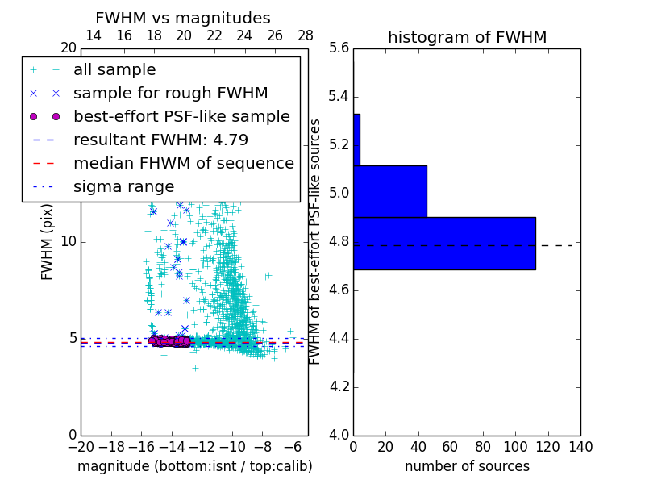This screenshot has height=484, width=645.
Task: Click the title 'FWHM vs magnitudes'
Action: tap(182, 18)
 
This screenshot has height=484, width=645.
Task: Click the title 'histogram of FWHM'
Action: tap(467, 37)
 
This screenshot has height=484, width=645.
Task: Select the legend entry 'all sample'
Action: tap(114, 70)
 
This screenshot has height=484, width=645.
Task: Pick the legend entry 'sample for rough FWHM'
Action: tap(170, 93)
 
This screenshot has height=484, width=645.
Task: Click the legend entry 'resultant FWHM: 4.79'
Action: tap(160, 140)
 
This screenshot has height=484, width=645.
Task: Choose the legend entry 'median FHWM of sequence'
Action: tap(183, 163)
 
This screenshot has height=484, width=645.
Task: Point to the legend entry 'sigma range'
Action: tap(123, 186)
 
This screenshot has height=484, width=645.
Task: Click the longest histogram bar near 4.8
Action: tap(444, 243)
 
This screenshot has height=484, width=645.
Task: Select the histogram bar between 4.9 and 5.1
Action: tap(390, 191)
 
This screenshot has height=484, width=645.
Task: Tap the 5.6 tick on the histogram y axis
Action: tap(339, 48)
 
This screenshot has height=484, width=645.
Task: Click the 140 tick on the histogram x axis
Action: tap(580, 446)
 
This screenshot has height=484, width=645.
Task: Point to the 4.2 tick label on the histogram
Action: tap(339, 386)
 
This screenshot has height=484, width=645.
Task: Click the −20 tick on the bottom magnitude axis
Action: tap(81, 446)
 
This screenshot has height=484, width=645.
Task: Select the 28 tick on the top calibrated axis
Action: tap(306, 35)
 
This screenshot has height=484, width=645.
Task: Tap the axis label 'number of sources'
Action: tap(467, 466)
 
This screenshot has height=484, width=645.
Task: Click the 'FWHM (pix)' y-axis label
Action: tap(48, 242)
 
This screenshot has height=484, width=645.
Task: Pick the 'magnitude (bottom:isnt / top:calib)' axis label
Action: tap(194, 466)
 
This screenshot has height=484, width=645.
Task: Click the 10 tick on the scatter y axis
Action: tap(69, 242)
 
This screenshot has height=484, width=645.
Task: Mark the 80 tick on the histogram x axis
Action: tap(483, 446)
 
